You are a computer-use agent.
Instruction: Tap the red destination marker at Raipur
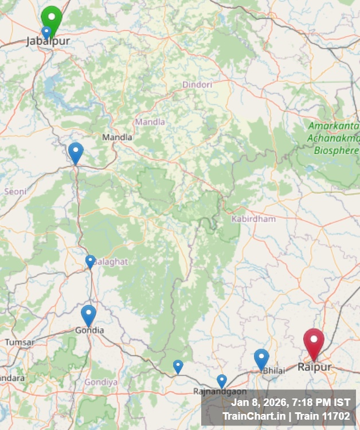(x=314, y=342)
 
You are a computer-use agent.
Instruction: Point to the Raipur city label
(x=314, y=367)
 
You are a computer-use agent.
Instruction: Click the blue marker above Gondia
(x=88, y=315)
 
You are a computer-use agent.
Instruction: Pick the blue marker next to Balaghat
(x=91, y=261)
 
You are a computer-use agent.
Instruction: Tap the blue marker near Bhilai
(x=261, y=358)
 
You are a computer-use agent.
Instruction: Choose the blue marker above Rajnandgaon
(x=222, y=380)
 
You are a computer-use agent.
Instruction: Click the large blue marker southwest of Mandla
(x=76, y=152)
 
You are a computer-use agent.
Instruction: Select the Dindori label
(x=197, y=84)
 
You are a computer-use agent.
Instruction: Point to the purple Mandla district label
(x=150, y=122)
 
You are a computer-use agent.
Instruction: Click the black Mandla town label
(x=117, y=137)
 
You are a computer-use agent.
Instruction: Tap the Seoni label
(x=15, y=191)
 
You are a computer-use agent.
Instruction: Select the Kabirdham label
(x=253, y=219)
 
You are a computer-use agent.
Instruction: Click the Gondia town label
(x=90, y=330)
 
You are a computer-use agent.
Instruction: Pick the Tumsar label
(x=19, y=342)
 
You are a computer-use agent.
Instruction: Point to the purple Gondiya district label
(x=101, y=382)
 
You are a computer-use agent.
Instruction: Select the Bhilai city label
(x=273, y=371)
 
